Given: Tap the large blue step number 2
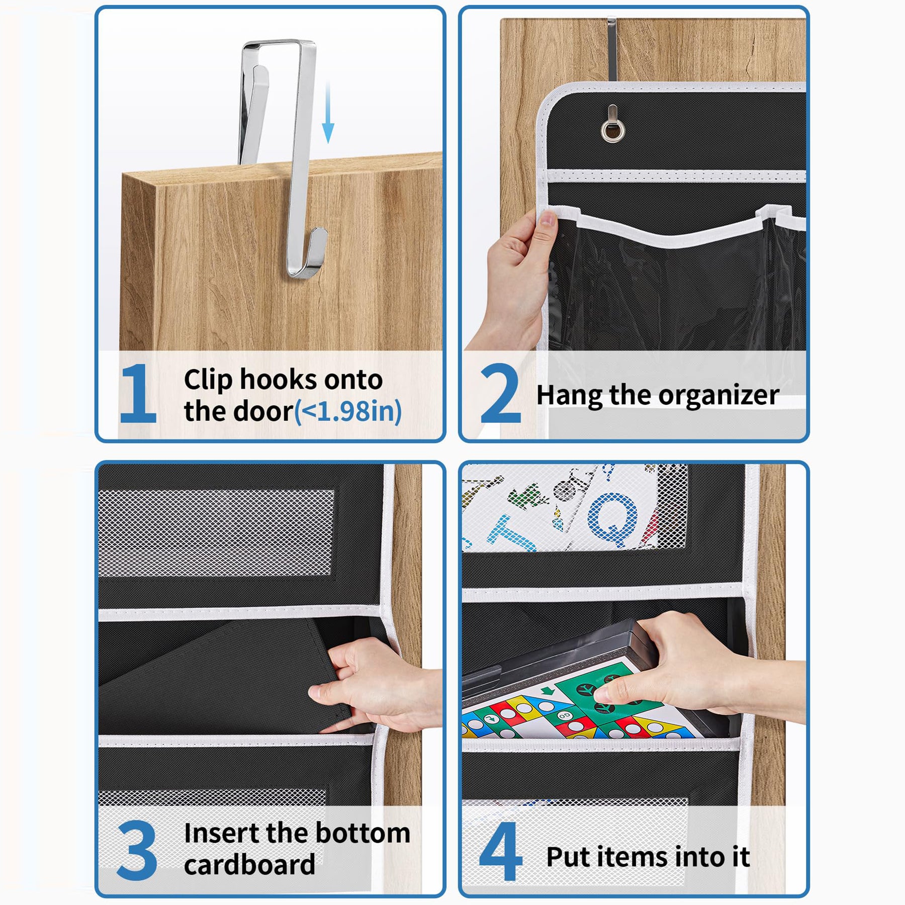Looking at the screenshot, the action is pos(500,393).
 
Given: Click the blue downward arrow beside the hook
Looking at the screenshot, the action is pos(328,113).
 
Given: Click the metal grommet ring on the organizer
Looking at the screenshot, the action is pos(613,130).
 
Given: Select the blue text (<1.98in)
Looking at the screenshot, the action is pos(348,411).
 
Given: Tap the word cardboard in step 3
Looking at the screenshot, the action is pos(249,865).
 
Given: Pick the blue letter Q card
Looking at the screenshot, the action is pos(612,520).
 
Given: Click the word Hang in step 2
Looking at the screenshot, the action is pos(570,396).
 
